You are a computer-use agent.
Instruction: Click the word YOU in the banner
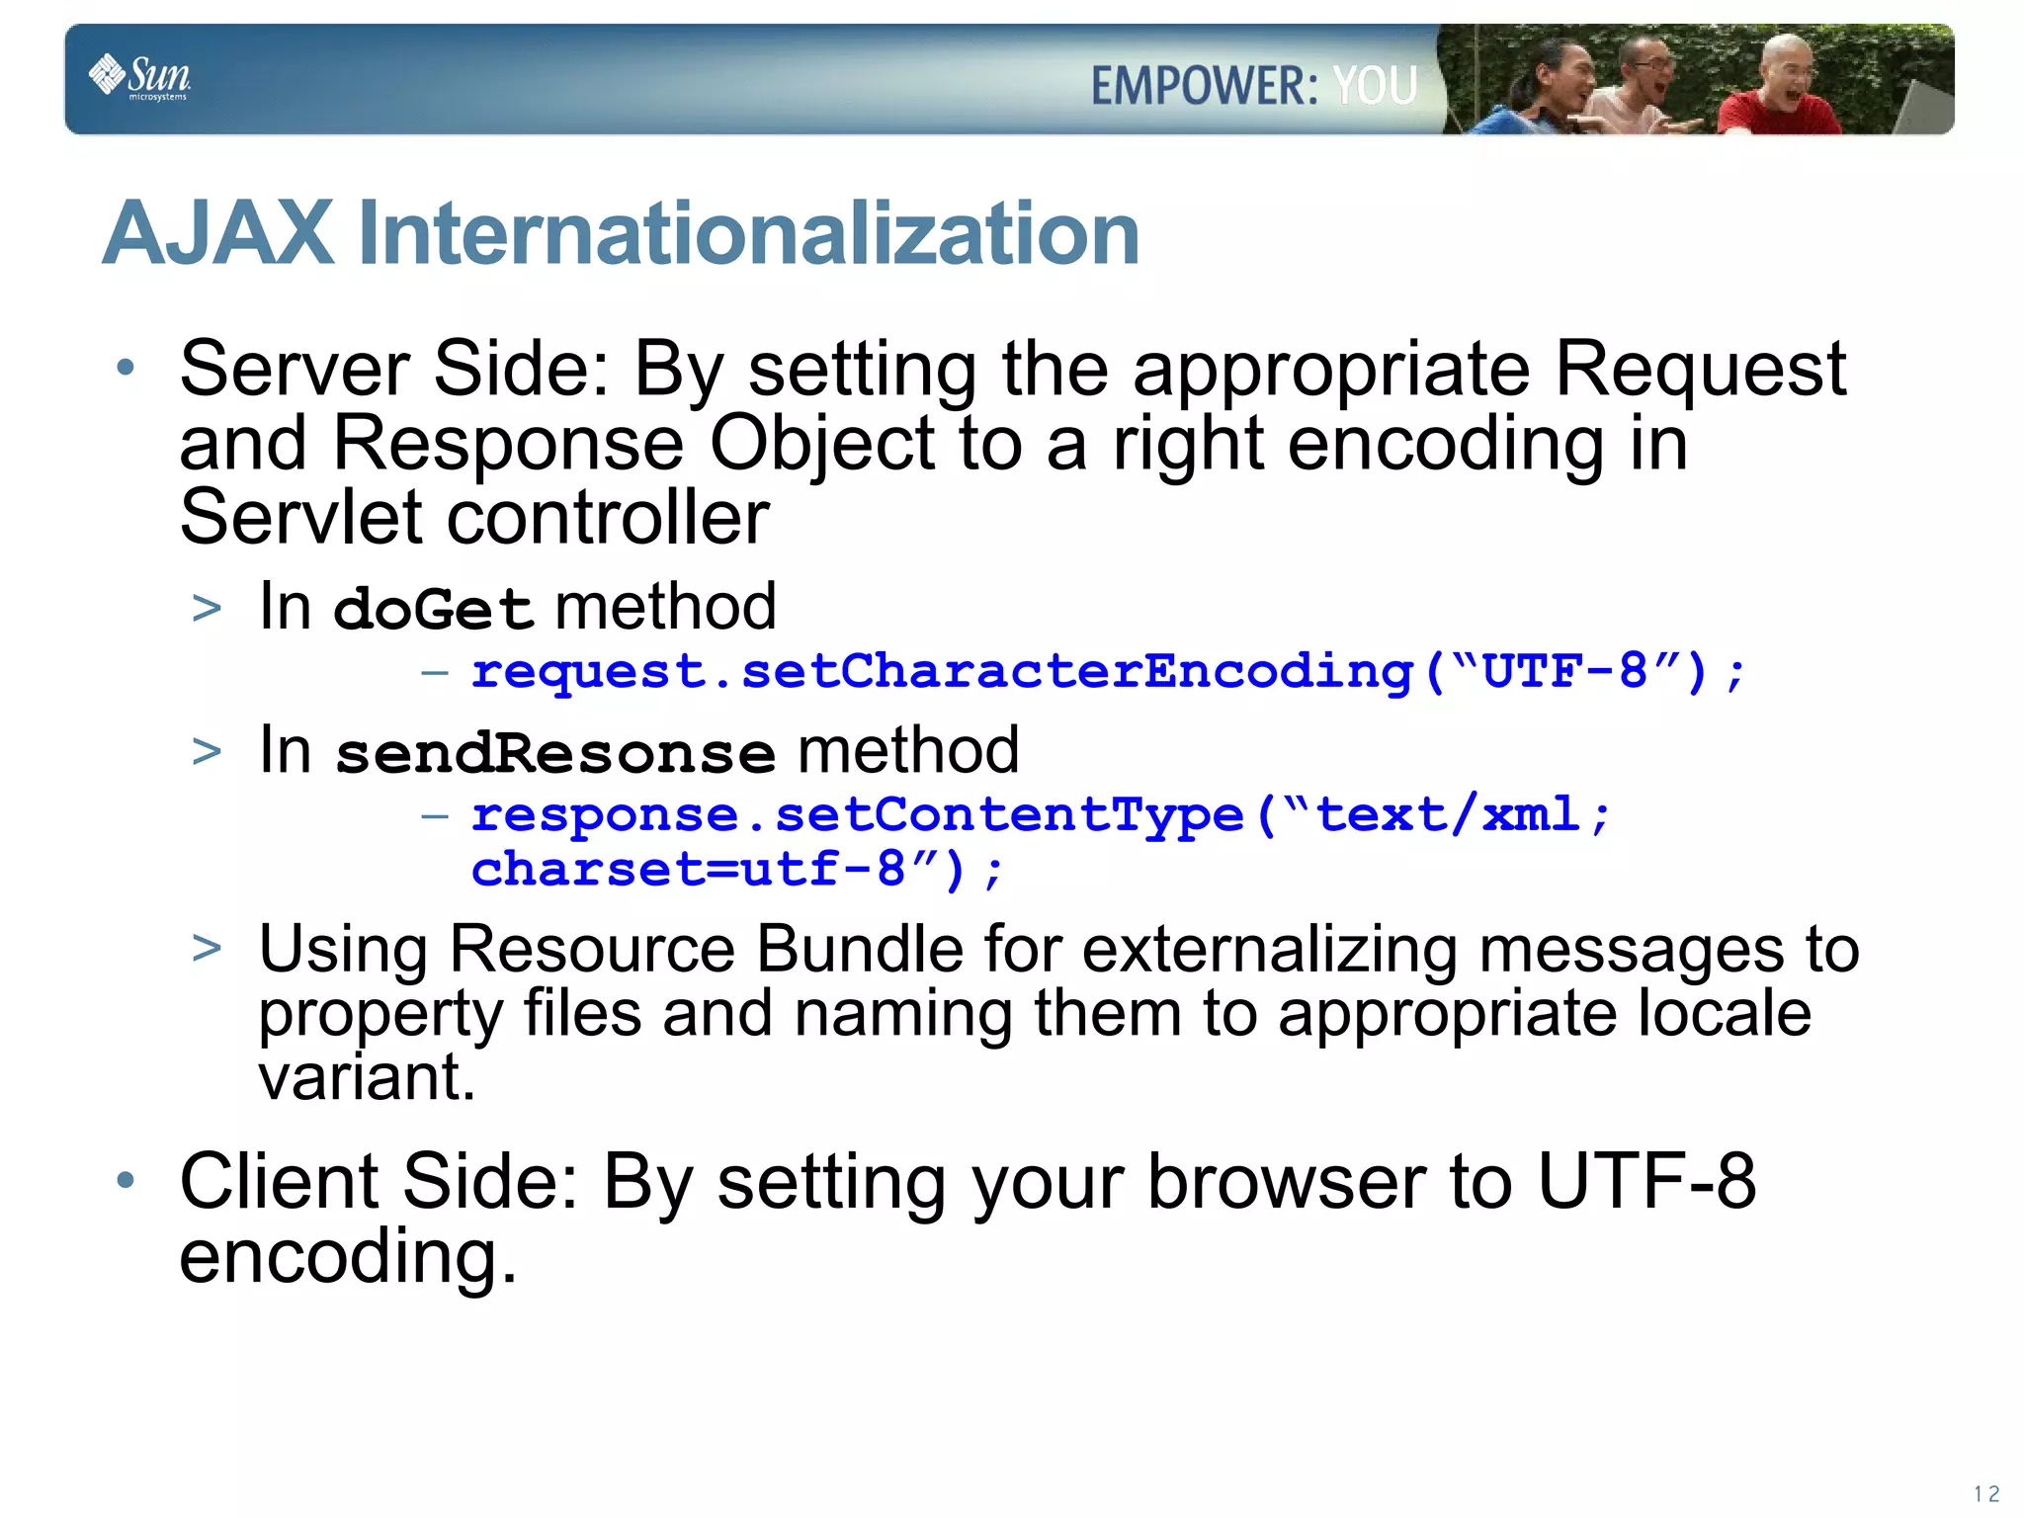pyautogui.click(x=1375, y=86)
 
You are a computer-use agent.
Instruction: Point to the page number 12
pyautogui.click(x=1985, y=1493)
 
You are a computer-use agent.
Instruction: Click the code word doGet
pyautogui.click(x=434, y=609)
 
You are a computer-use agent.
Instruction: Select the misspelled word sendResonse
pyautogui.click(x=555, y=753)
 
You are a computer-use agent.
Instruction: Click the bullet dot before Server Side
pyautogui.click(x=125, y=369)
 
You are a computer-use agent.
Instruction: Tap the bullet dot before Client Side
pyautogui.click(x=125, y=1180)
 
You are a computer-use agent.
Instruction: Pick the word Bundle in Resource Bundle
pyautogui.click(x=859, y=950)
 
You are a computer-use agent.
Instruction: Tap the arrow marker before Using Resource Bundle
pyautogui.click(x=207, y=949)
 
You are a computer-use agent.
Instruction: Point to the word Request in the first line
pyautogui.click(x=1700, y=369)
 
